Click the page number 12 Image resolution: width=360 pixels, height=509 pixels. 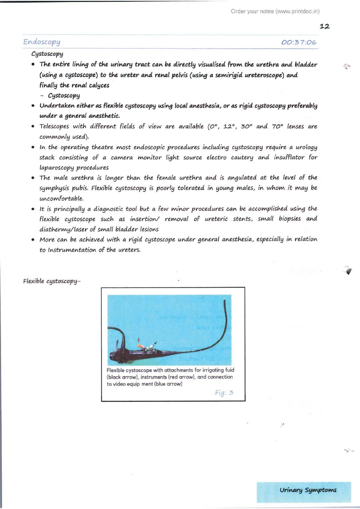click(x=324, y=26)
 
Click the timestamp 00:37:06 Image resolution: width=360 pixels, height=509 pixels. click(x=299, y=42)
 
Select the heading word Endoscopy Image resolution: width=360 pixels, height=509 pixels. click(x=42, y=42)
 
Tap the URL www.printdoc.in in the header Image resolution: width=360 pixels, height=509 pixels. click(x=298, y=12)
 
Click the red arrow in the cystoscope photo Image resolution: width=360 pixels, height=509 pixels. click(x=139, y=340)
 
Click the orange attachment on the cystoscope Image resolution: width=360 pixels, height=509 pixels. click(x=140, y=346)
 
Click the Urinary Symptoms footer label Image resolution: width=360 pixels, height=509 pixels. click(x=308, y=490)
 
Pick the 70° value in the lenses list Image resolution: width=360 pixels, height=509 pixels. click(x=277, y=126)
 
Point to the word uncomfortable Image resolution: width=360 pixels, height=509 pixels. click(x=62, y=199)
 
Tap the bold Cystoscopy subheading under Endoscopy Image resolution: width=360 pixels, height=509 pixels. click(x=47, y=54)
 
